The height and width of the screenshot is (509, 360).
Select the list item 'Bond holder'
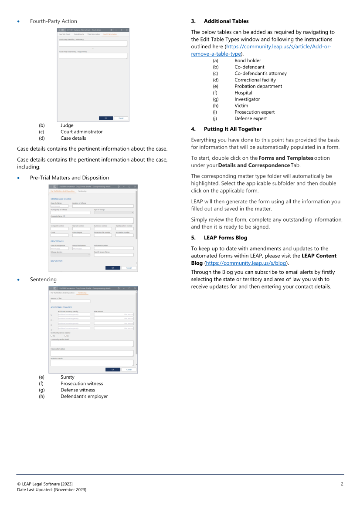248,61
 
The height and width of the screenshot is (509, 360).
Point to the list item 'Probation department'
258,86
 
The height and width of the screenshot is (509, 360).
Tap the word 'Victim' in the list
241,105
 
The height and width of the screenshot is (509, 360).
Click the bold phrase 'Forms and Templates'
285,158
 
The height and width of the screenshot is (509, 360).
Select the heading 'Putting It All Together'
232,129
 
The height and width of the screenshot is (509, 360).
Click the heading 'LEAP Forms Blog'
225,238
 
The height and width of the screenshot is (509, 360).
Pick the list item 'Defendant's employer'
84,396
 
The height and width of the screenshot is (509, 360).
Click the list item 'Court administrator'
82,131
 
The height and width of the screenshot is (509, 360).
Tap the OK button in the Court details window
105,118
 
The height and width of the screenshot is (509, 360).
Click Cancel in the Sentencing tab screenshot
128,369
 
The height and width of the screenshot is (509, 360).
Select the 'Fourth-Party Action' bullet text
53,21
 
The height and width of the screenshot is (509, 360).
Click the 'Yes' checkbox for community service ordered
51,336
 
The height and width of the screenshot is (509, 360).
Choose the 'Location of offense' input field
103,206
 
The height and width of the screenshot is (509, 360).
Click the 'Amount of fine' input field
70,301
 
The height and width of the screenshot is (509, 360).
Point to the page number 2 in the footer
342,484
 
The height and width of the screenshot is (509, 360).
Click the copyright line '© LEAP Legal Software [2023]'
48,484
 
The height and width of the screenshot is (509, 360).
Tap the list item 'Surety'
67,377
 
